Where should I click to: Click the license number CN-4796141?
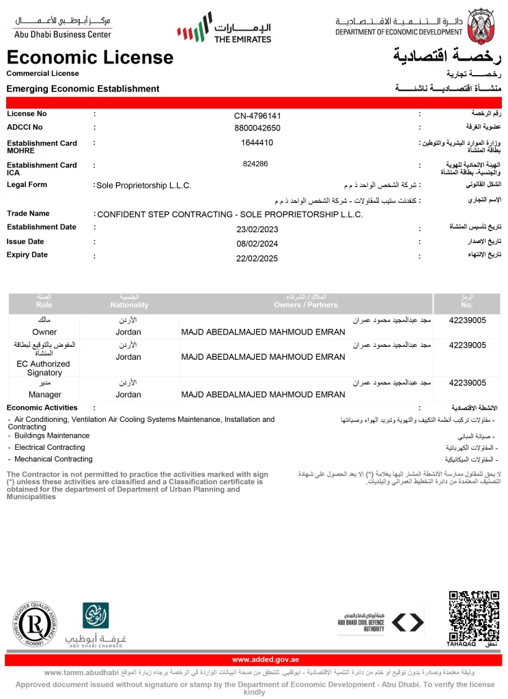tap(257, 115)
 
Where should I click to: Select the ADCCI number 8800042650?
tap(257, 128)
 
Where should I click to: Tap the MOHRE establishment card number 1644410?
tap(257, 143)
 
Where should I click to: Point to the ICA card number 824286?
tap(255, 164)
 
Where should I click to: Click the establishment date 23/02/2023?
tap(257, 229)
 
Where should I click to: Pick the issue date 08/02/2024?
tap(257, 242)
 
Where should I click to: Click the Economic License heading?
tap(90, 57)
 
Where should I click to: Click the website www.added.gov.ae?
tap(266, 659)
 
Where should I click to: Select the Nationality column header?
tap(129, 304)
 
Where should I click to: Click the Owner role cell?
tap(44, 332)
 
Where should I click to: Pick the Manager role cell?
tap(45, 395)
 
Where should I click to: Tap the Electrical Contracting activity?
tap(50, 448)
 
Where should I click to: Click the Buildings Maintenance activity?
tap(52, 436)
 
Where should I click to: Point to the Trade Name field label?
tap(28, 214)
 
